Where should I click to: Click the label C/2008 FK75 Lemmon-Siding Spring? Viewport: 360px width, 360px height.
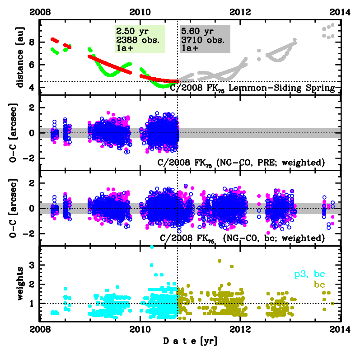point(252,88)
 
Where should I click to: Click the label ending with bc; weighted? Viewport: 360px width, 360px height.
point(243,238)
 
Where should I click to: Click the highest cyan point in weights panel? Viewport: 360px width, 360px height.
point(152,247)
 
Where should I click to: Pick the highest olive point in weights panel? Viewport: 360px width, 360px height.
point(220,261)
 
